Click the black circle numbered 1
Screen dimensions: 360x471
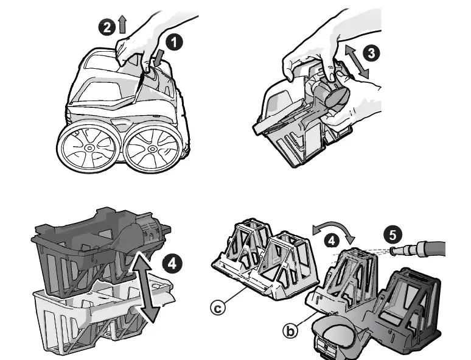(x=174, y=42)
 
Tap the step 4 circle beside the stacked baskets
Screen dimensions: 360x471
(x=172, y=264)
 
